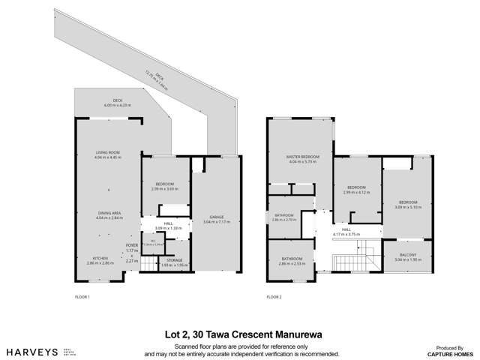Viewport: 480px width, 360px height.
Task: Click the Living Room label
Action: [108, 154]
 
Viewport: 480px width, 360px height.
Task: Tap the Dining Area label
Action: [109, 216]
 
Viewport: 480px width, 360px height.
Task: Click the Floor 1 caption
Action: [82, 297]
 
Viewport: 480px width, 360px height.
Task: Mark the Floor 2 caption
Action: [274, 297]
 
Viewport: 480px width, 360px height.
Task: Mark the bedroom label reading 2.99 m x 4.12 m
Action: [356, 189]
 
